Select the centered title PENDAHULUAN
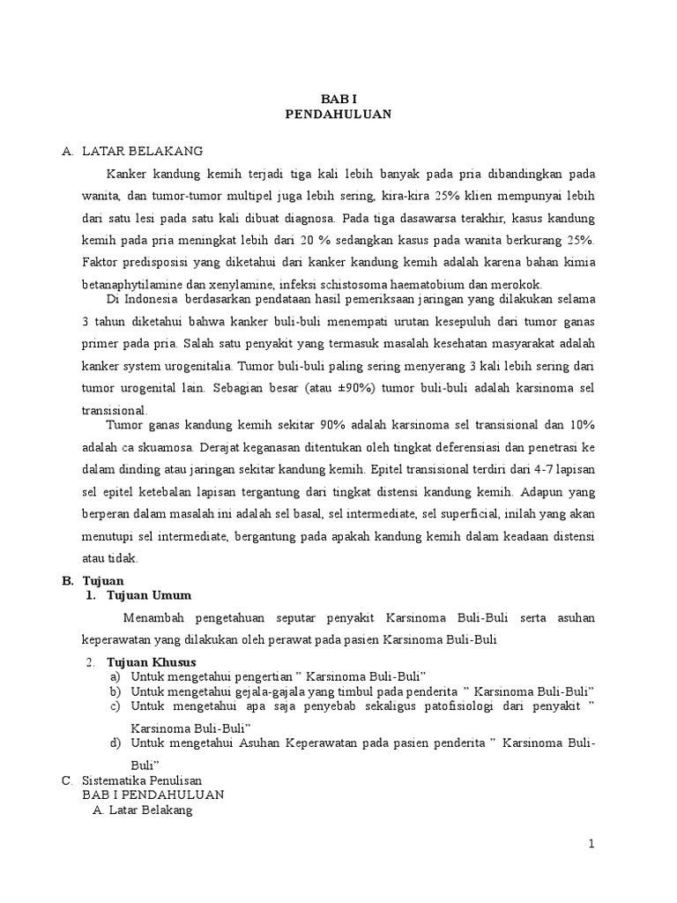click(338, 114)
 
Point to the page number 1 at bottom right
click(592, 844)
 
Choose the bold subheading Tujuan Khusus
click(151, 661)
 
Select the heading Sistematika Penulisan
click(142, 780)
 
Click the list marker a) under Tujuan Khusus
click(115, 675)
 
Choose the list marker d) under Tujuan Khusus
click(115, 743)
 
